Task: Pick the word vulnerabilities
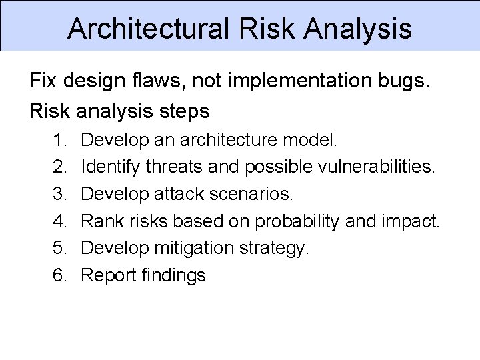point(373,168)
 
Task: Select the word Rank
point(101,221)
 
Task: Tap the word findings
point(173,275)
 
